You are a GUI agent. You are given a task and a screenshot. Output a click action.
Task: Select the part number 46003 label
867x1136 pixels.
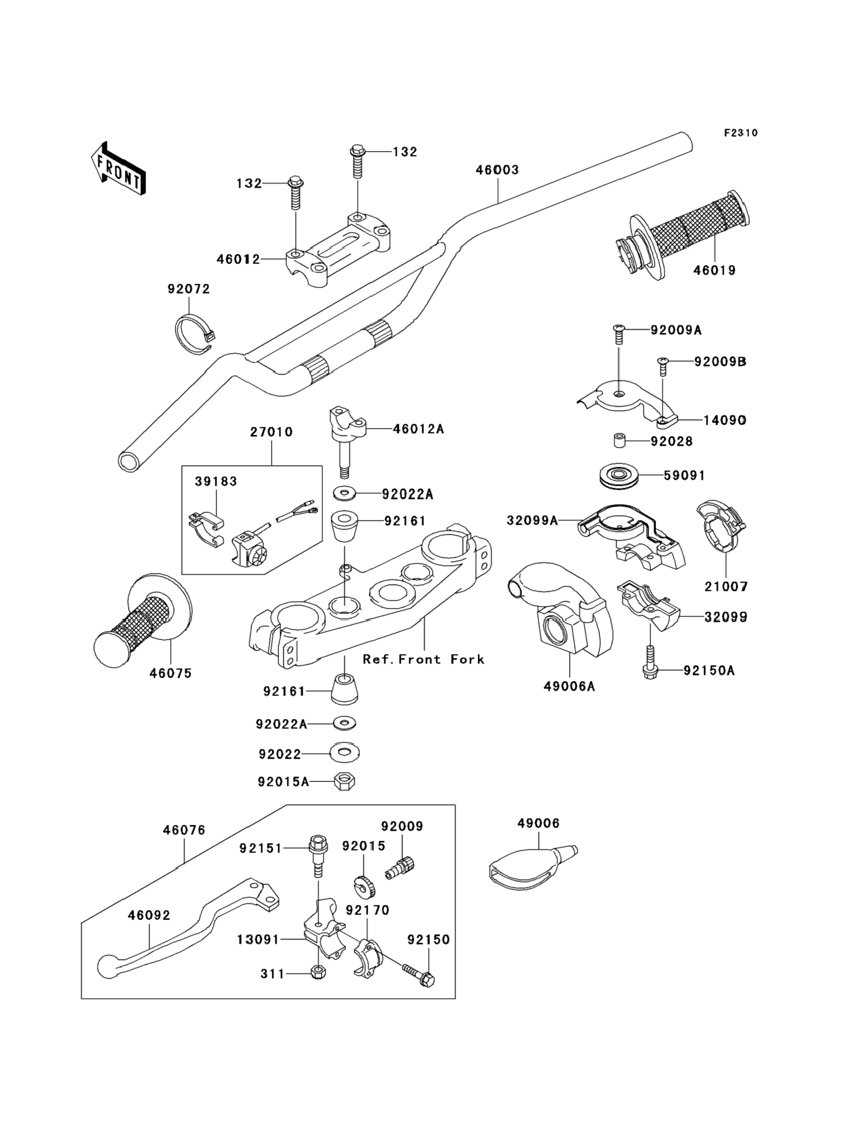[497, 170]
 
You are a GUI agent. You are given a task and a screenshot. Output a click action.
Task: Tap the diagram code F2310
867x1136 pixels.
[740, 133]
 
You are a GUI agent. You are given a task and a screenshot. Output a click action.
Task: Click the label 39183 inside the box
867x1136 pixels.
[216, 481]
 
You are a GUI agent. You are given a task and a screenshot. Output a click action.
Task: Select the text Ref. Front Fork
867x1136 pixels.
[423, 659]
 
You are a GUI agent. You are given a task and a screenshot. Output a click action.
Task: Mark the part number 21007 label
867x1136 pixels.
[726, 587]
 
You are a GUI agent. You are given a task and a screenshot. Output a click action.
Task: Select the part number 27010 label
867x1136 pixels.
[272, 432]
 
